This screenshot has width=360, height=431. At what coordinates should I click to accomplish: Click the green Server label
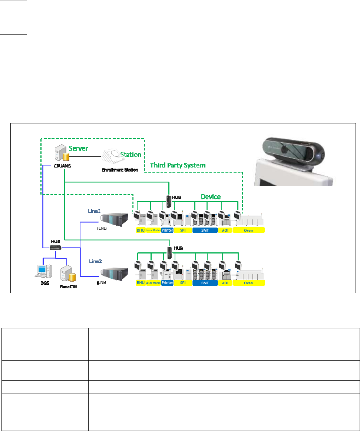click(78, 148)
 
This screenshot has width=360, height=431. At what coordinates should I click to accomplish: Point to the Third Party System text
click(177, 165)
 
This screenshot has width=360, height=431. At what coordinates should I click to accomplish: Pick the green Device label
click(211, 197)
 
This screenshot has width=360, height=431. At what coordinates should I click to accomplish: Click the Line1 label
click(94, 210)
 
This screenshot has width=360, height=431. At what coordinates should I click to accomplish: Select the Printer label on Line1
click(167, 230)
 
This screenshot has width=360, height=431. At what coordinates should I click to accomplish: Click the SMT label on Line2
click(205, 283)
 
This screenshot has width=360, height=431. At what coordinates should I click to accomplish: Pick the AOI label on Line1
click(225, 230)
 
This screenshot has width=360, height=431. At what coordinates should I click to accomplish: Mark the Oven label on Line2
click(248, 283)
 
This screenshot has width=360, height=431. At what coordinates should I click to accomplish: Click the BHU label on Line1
click(141, 230)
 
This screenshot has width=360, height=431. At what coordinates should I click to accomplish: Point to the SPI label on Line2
click(183, 283)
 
